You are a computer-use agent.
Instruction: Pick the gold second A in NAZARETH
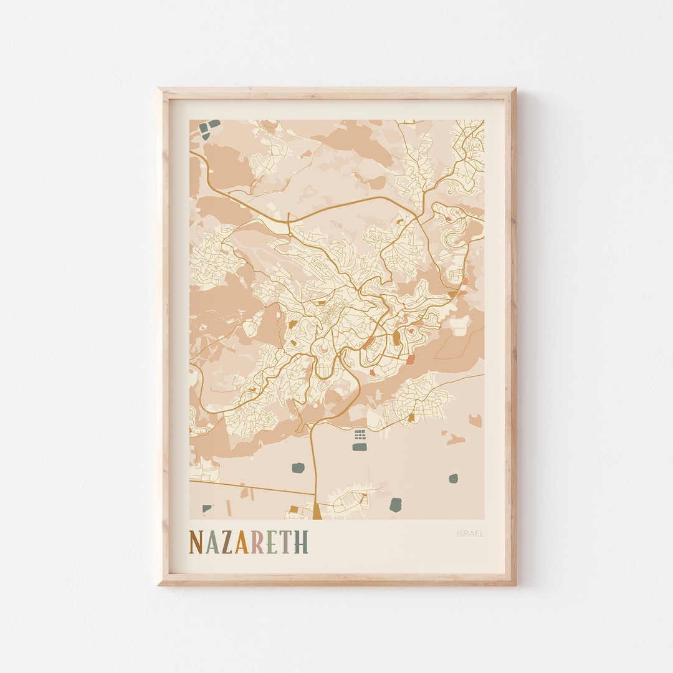click(x=242, y=542)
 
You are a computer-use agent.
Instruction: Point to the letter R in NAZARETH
click(x=257, y=542)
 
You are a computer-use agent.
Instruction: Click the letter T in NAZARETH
click(x=287, y=542)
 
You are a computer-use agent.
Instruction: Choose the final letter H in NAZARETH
click(x=301, y=542)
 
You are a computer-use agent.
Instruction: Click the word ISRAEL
click(x=470, y=533)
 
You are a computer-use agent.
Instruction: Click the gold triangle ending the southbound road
click(x=317, y=512)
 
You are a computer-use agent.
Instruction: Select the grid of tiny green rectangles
click(x=360, y=434)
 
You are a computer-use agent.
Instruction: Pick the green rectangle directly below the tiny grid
click(x=360, y=447)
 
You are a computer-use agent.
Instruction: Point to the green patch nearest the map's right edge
click(x=453, y=479)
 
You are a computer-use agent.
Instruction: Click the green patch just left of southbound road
click(x=297, y=467)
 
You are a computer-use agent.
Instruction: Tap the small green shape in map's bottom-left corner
click(x=206, y=508)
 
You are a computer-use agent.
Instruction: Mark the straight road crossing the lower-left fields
click(x=249, y=487)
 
